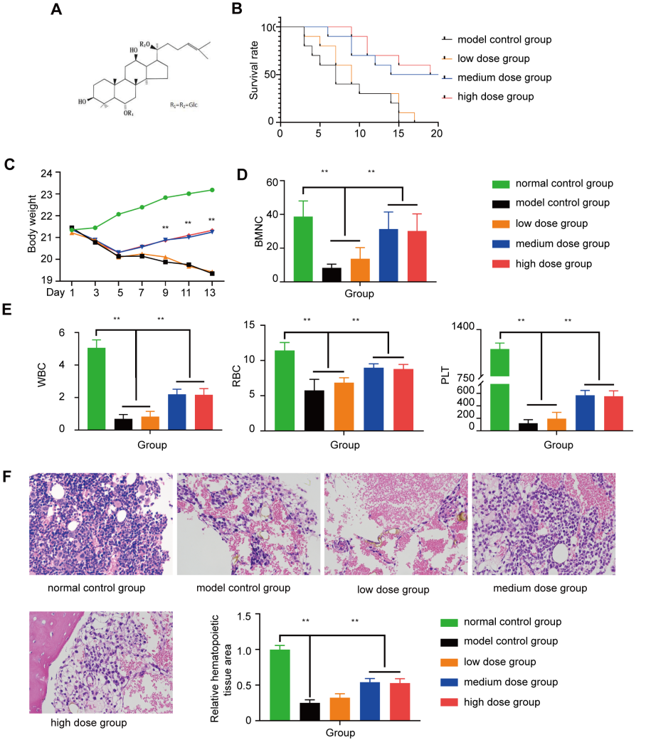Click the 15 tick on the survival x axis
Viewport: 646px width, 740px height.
point(399,132)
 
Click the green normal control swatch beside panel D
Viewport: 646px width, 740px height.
point(505,184)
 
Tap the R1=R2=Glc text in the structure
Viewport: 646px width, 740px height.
point(188,105)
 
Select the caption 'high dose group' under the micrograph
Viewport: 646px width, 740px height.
point(88,723)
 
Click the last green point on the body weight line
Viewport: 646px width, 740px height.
point(212,190)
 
